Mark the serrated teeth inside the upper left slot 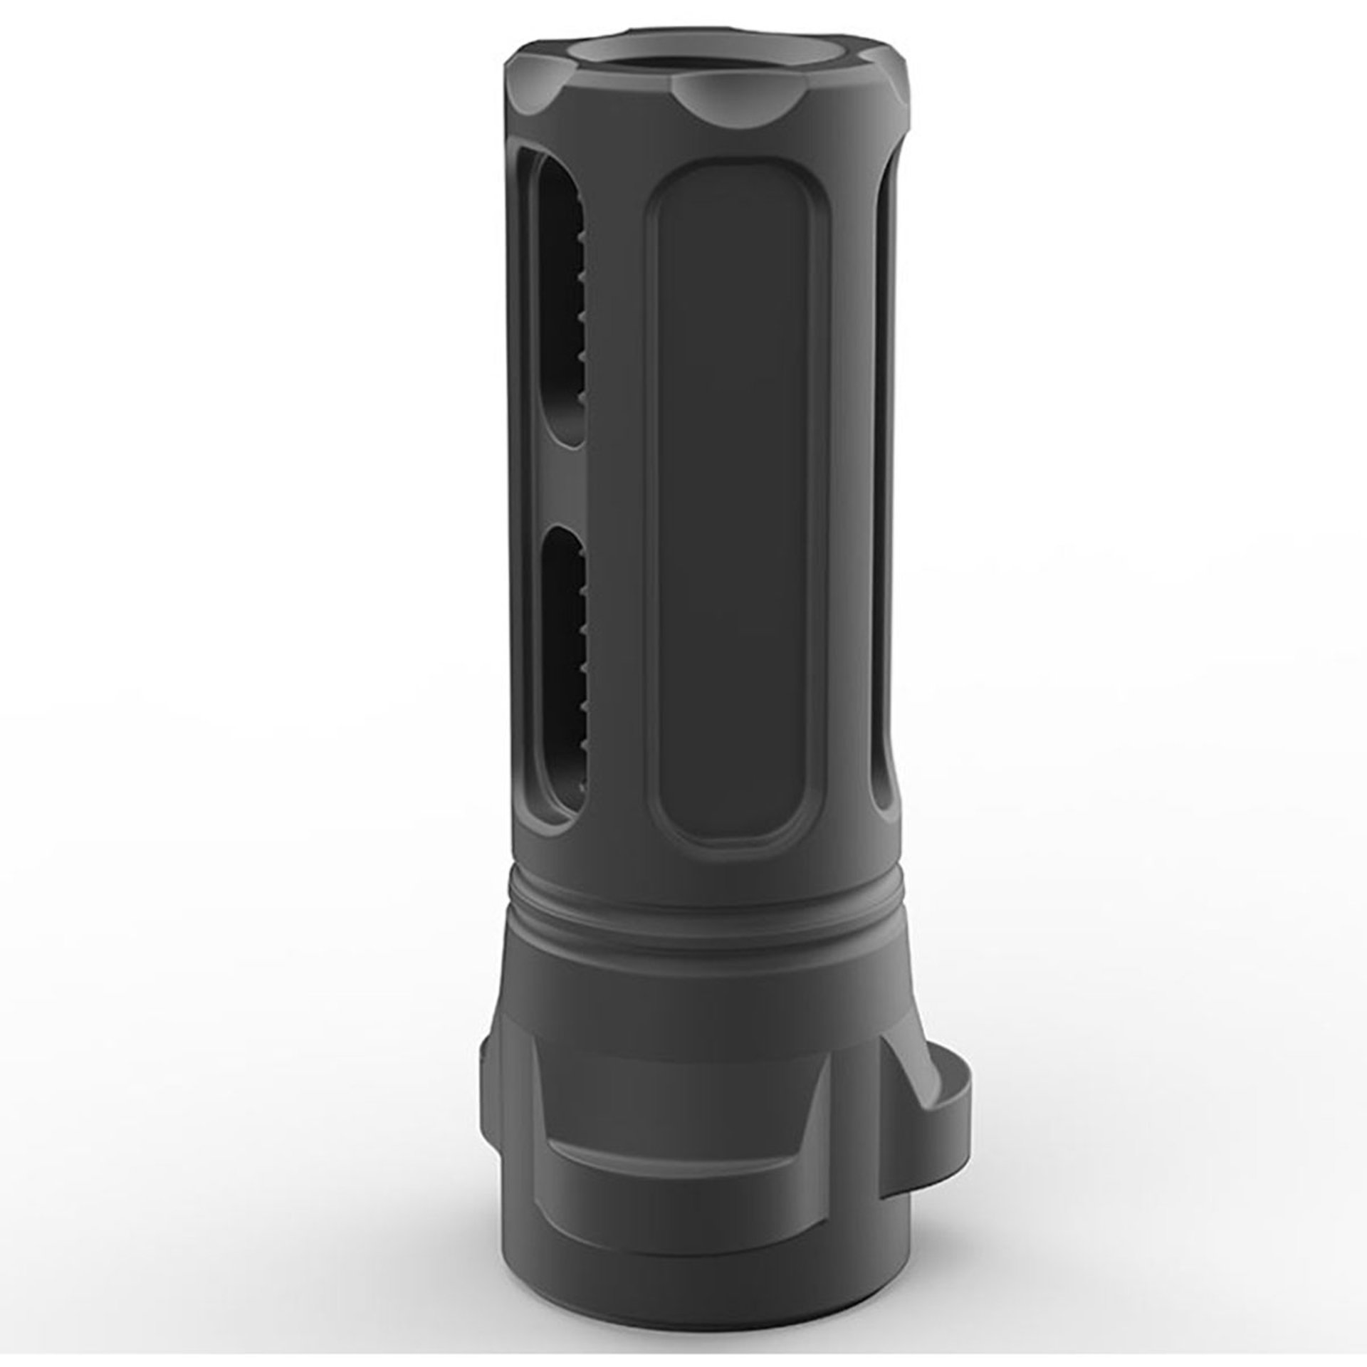[x=578, y=299]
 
